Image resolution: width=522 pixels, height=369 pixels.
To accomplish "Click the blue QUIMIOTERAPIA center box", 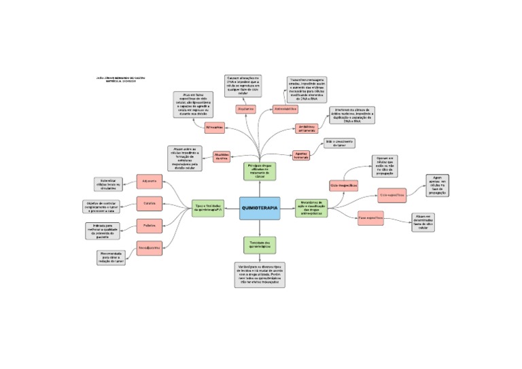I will click(x=260, y=208).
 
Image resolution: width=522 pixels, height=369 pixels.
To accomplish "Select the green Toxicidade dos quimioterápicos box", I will click(x=259, y=244).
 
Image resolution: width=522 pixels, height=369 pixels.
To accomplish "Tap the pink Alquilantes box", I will click(x=245, y=109).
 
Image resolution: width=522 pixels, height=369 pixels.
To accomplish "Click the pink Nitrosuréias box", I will click(x=214, y=127).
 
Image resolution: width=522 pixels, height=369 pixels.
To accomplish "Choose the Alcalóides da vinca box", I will click(x=224, y=157).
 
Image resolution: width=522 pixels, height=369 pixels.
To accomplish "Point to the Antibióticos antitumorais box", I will click(x=307, y=128).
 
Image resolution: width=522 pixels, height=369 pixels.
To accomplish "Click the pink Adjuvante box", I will click(x=149, y=181).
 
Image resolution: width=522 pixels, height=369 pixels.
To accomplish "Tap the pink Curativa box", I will click(x=149, y=203).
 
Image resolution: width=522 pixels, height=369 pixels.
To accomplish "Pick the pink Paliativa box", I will click(x=149, y=225).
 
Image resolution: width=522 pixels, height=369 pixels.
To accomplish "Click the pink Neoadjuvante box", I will click(x=149, y=248).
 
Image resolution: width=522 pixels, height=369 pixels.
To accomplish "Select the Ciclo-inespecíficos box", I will click(x=344, y=185).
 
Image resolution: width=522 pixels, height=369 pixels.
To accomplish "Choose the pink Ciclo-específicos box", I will click(x=392, y=195).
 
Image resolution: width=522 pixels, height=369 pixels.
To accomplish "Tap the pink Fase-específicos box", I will click(x=370, y=218).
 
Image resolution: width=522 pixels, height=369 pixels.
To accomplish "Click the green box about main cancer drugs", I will click(x=258, y=171).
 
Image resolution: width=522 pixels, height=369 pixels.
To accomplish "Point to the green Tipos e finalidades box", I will click(x=209, y=208).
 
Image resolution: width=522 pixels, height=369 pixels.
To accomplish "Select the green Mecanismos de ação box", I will click(x=311, y=208).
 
